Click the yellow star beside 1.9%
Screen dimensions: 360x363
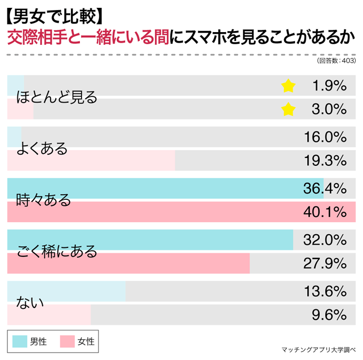[x=288, y=86]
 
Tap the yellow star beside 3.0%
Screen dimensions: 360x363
[x=288, y=109]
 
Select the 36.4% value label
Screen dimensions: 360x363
[x=325, y=188]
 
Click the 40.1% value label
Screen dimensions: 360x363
[x=325, y=212]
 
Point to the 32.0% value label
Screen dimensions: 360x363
[x=325, y=240]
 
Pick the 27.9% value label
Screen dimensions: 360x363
[x=325, y=263]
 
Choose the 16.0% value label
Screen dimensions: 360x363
[x=325, y=137]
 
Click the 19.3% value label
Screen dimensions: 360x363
[x=325, y=160]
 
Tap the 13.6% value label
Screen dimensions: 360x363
[x=325, y=291]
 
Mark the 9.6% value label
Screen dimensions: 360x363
[x=329, y=315]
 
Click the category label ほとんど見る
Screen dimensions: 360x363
[x=57, y=97]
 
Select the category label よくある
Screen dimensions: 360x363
[x=43, y=149]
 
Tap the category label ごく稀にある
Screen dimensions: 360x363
[x=57, y=252]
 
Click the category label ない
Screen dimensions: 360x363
[x=29, y=303]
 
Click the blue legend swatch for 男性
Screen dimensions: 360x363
[x=20, y=342]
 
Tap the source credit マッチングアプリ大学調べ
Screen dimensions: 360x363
[x=319, y=350]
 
